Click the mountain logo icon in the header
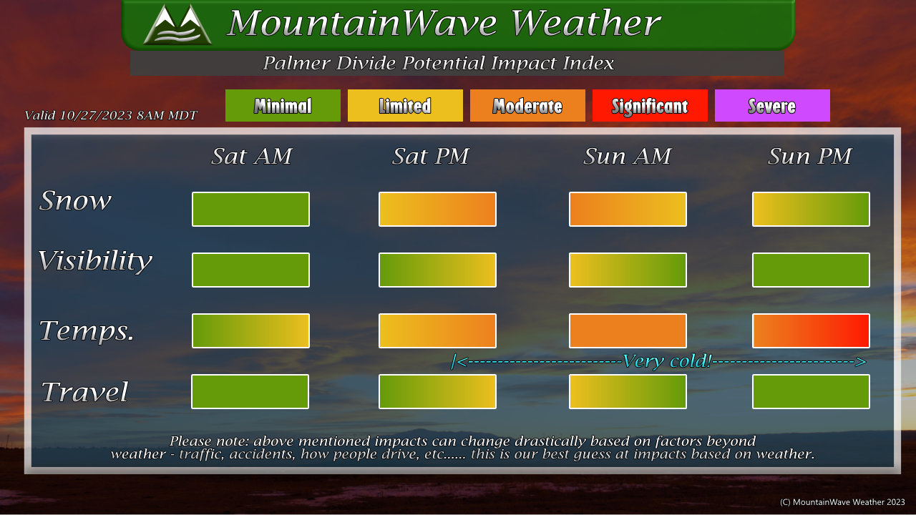click(177, 24)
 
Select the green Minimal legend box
click(283, 105)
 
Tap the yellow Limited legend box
click(405, 105)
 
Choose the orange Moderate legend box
click(527, 105)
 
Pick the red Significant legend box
click(650, 105)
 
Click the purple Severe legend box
click(772, 105)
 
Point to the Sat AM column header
click(251, 156)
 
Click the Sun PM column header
click(809, 156)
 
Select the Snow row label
click(75, 201)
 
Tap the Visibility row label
click(95, 261)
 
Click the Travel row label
click(84, 391)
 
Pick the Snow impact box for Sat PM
click(437, 209)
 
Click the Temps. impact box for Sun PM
click(811, 330)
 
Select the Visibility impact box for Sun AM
click(628, 270)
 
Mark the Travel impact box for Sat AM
click(250, 391)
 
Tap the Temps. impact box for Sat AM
click(250, 330)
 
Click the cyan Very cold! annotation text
click(667, 361)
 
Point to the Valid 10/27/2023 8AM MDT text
click(111, 115)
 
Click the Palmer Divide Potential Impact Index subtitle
click(438, 64)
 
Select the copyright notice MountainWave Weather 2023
click(842, 502)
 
